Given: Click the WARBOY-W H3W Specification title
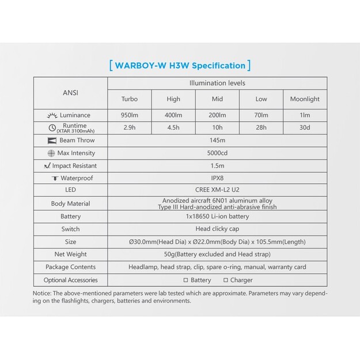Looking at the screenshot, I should [x=180, y=65].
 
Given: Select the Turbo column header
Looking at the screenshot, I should [x=130, y=99].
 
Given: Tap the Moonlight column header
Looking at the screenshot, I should [x=304, y=99].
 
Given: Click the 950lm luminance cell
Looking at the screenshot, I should [x=130, y=115].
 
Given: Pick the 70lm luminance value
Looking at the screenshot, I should [x=261, y=115].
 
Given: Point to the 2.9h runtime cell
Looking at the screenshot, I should [x=130, y=128].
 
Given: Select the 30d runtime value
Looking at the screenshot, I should [x=304, y=128].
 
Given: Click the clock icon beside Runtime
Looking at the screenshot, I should [x=52, y=128].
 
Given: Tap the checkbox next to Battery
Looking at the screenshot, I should [x=185, y=281].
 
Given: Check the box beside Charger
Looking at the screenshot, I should [x=225, y=281].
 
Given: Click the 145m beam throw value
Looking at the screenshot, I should [x=217, y=141].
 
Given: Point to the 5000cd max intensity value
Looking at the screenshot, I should [x=217, y=153].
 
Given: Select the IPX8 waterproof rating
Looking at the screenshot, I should [x=217, y=179].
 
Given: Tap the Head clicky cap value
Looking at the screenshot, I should [x=217, y=229].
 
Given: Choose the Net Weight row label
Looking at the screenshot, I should [x=70, y=254].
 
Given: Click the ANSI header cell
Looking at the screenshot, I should [x=70, y=91].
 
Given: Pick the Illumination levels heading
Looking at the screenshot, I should [x=217, y=84].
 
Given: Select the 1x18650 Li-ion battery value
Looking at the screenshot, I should [x=217, y=217].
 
